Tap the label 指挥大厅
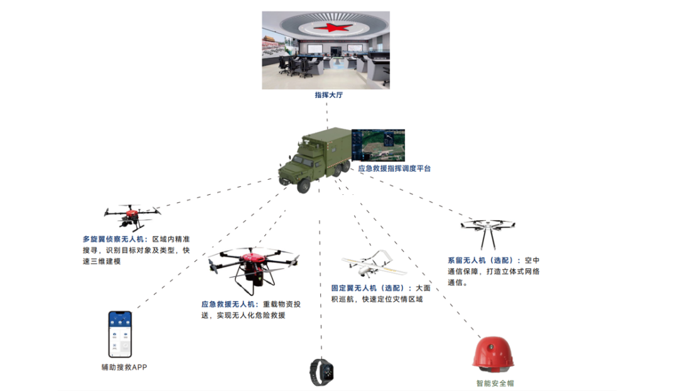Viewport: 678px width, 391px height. click(330, 96)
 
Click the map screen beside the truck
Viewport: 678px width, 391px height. click(378, 145)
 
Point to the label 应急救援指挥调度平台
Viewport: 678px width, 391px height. click(394, 168)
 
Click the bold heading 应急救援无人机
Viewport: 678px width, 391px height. click(230, 304)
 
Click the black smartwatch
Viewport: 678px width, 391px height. click(317, 372)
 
